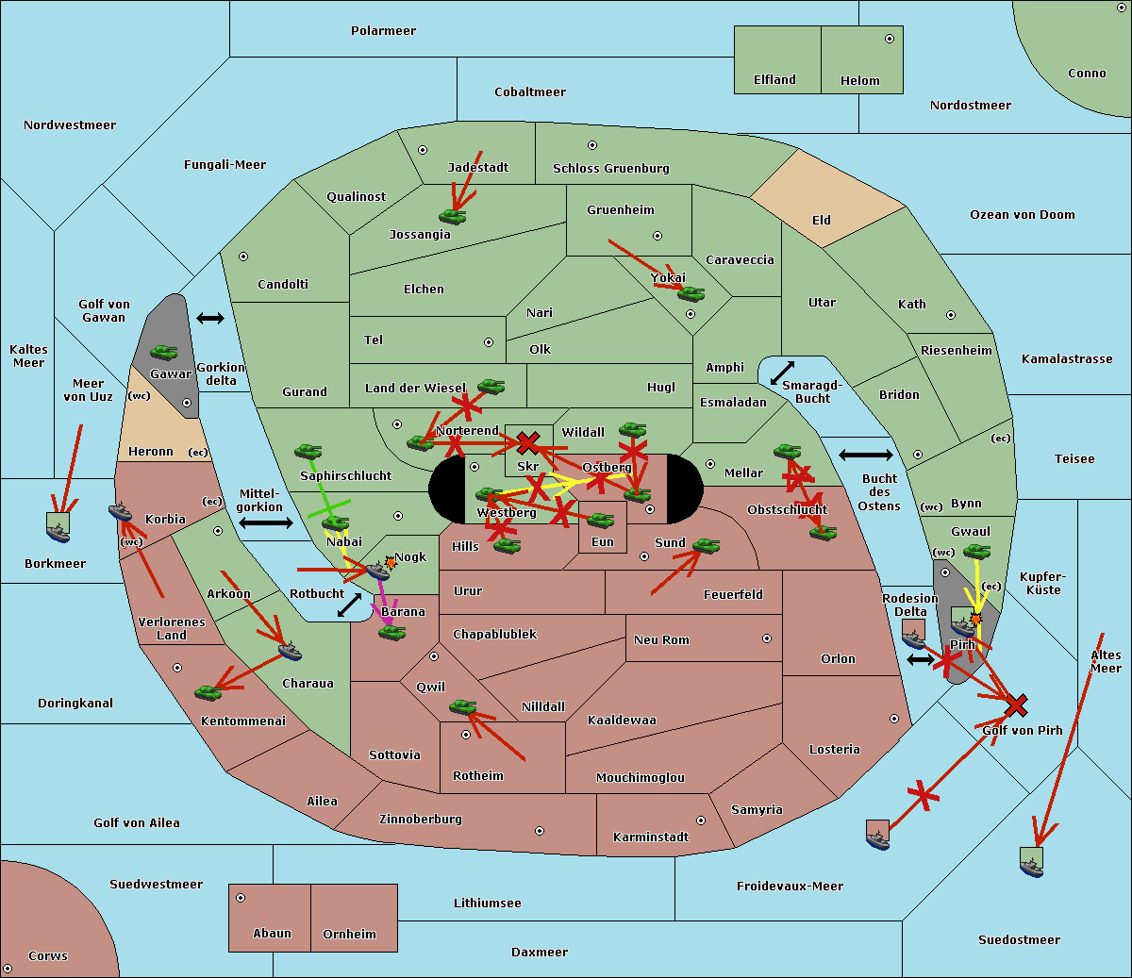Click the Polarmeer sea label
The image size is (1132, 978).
pos(383,31)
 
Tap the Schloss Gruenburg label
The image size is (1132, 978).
pos(610,169)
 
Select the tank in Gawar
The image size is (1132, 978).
pos(164,353)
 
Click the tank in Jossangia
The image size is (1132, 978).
pos(453,216)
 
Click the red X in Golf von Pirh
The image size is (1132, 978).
pos(1016,704)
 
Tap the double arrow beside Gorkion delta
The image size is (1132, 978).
pos(210,319)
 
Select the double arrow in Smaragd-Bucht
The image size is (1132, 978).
pos(783,373)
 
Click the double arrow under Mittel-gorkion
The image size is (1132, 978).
pos(265,522)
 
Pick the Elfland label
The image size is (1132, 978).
pos(774,80)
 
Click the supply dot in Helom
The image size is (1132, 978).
pos(889,39)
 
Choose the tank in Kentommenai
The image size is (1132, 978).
pos(208,693)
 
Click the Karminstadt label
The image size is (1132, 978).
pos(651,837)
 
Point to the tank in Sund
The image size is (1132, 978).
pos(707,546)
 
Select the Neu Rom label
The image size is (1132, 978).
pos(661,640)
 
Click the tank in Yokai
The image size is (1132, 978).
pos(691,294)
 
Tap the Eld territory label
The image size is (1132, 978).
pos(822,221)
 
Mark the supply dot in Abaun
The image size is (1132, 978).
pos(241,898)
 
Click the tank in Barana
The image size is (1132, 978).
pos(392,633)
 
